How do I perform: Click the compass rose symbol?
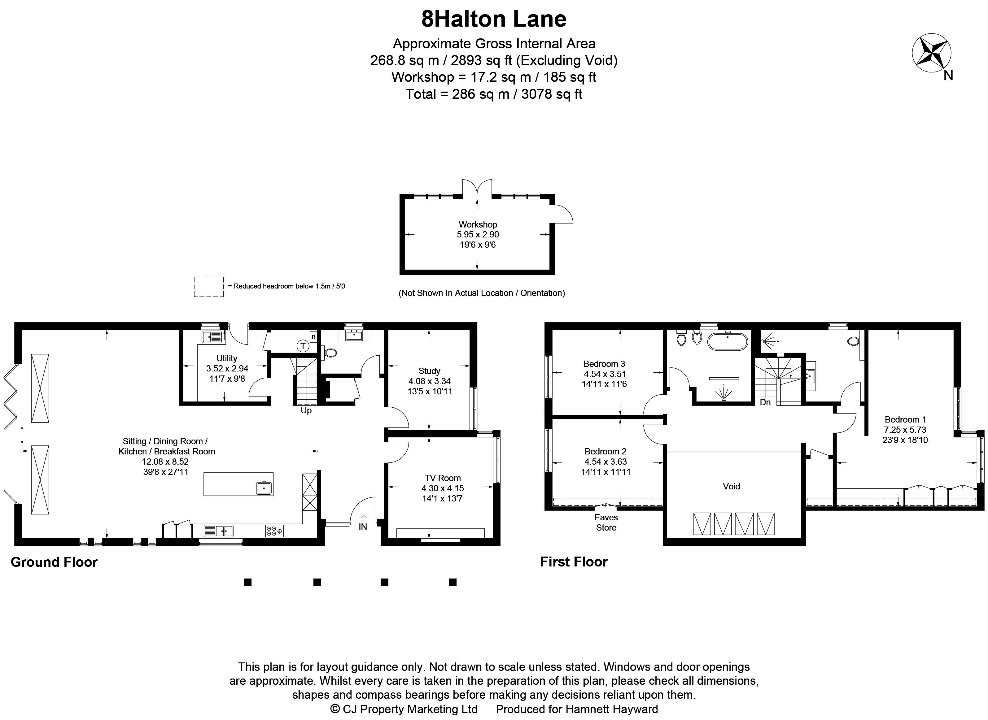tap(932, 53)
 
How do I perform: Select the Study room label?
tap(429, 371)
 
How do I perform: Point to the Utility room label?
tap(227, 358)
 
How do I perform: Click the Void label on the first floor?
tap(731, 486)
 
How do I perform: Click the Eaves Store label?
tap(606, 523)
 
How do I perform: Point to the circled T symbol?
tap(303, 346)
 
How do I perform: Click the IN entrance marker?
tap(363, 527)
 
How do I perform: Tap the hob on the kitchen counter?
tap(274, 531)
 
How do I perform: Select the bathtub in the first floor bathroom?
tap(728, 341)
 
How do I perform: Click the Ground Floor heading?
tap(54, 562)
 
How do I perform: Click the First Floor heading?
tap(574, 562)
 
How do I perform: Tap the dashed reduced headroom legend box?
tap(209, 287)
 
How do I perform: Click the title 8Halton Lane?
tap(494, 19)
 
